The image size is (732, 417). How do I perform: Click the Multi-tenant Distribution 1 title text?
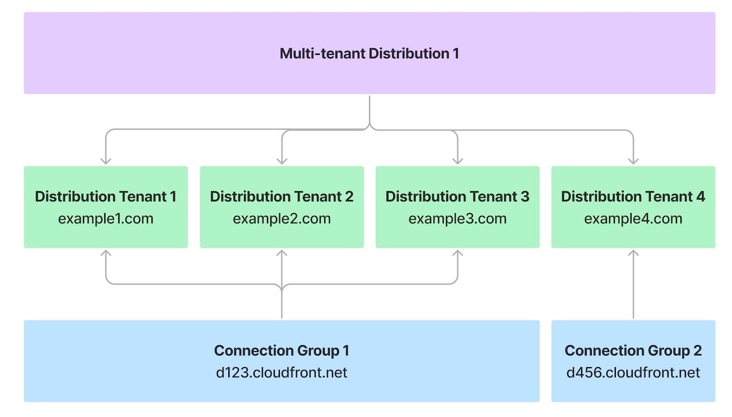[x=369, y=54]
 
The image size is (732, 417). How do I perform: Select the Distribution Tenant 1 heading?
[x=105, y=197]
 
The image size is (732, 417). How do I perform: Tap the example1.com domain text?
[x=105, y=219]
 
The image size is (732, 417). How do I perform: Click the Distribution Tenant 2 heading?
[x=282, y=197]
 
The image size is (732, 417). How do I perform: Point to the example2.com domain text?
[x=282, y=219]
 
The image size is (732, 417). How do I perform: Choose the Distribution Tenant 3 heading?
[x=457, y=197]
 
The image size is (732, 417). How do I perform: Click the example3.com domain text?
[x=457, y=219]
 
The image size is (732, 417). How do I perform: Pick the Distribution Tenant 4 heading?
[x=633, y=197]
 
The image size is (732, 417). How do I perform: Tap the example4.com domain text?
[x=633, y=219]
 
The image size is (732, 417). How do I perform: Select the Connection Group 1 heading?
[x=282, y=351]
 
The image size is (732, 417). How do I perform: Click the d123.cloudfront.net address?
[x=282, y=373]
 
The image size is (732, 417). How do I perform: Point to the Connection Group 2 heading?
[x=633, y=351]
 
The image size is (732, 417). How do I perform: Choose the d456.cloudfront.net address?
[x=633, y=373]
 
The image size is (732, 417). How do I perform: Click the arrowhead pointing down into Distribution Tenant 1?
[x=105, y=161]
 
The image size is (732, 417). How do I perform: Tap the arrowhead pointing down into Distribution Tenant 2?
[x=282, y=161]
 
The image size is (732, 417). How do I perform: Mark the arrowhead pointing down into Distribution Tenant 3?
[x=457, y=161]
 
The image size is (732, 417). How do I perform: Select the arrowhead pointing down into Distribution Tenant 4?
[x=633, y=161]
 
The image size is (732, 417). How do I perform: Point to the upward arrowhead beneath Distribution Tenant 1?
[x=105, y=253]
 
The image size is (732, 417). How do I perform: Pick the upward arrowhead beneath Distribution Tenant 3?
[x=457, y=253]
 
